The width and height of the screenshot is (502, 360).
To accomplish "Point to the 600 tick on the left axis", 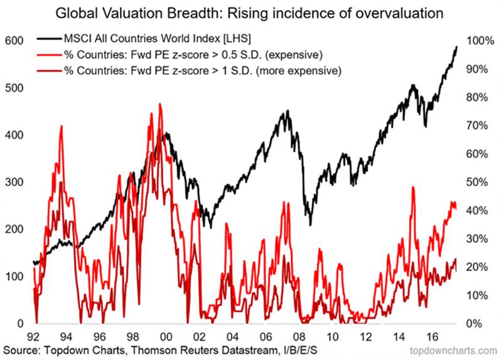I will tap(13, 41).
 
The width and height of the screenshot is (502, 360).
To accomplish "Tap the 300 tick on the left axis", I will tap(13, 182).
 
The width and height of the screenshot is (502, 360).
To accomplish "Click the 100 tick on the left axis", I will tap(13, 276).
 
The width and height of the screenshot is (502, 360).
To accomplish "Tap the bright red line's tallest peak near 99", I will tap(160, 104).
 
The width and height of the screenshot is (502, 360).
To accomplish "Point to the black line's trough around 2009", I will tap(309, 225).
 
